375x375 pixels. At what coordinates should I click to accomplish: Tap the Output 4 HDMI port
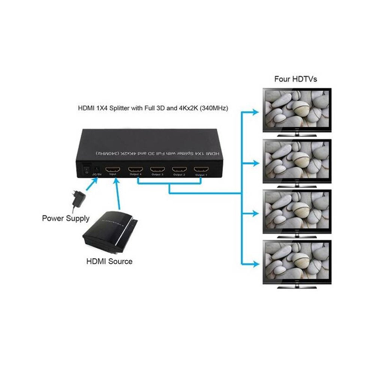pos(135,169)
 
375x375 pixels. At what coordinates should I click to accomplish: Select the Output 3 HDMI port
pos(157,169)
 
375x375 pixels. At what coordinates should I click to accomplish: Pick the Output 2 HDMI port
pos(179,169)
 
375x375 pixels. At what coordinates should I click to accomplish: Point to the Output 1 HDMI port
pos(201,169)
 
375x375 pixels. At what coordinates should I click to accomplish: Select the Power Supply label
pos(66,218)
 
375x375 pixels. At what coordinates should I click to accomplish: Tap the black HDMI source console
pos(109,233)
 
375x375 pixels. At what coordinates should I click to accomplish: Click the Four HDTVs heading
pos(295,79)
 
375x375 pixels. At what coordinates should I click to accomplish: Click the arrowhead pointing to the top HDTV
pos(256,112)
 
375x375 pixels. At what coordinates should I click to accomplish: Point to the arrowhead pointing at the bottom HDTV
pos(256,262)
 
